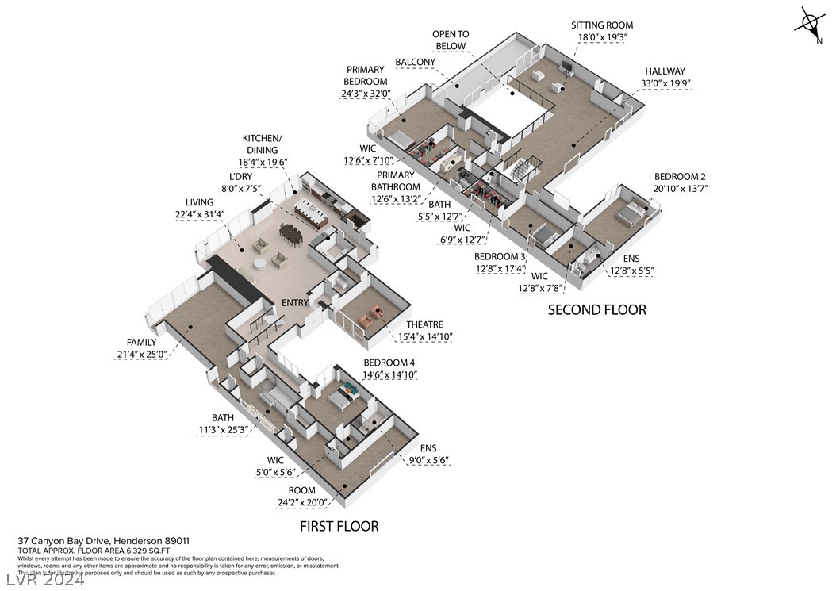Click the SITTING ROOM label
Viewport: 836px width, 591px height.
pyautogui.click(x=602, y=25)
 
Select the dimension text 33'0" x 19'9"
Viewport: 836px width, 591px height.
pyautogui.click(x=665, y=83)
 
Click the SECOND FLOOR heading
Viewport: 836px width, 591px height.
pyautogui.click(x=596, y=309)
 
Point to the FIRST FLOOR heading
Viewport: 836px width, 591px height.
pyautogui.click(x=339, y=526)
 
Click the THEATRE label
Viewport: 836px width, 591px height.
pyautogui.click(x=424, y=324)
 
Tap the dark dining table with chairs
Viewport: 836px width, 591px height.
pyautogui.click(x=290, y=233)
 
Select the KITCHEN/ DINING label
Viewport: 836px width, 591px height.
pyautogui.click(x=262, y=144)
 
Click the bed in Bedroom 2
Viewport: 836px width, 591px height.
pyautogui.click(x=631, y=213)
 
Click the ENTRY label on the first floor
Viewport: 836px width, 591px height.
pyautogui.click(x=295, y=303)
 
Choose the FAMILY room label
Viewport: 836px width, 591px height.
pyautogui.click(x=135, y=343)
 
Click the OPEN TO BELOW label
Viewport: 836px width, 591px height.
pyautogui.click(x=451, y=40)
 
